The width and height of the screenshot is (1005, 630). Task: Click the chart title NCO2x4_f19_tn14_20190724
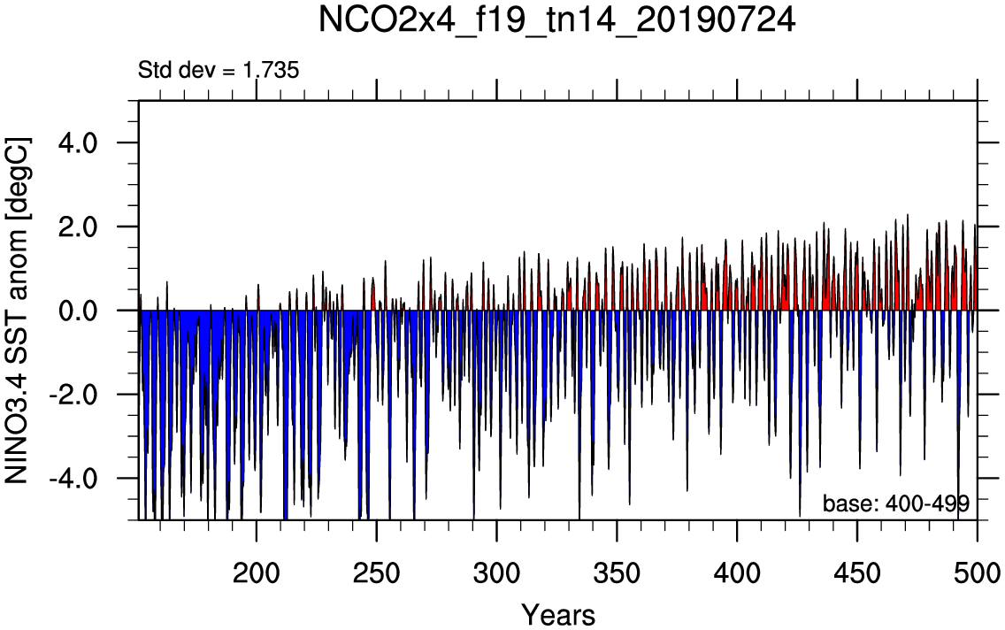pos(557,21)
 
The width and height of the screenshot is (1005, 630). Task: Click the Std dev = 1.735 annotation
pos(219,69)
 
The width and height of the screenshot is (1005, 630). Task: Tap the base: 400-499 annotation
pos(896,503)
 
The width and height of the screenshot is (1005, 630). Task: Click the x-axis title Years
pos(557,613)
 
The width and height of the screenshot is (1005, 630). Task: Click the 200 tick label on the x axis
pos(257,568)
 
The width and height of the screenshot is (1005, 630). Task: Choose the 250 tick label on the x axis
pos(377,568)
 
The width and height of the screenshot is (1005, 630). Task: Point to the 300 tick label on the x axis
pos(497,568)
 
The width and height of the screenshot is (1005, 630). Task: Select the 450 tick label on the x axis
pos(857,568)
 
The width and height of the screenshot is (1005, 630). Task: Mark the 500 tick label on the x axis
pos(976,568)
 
